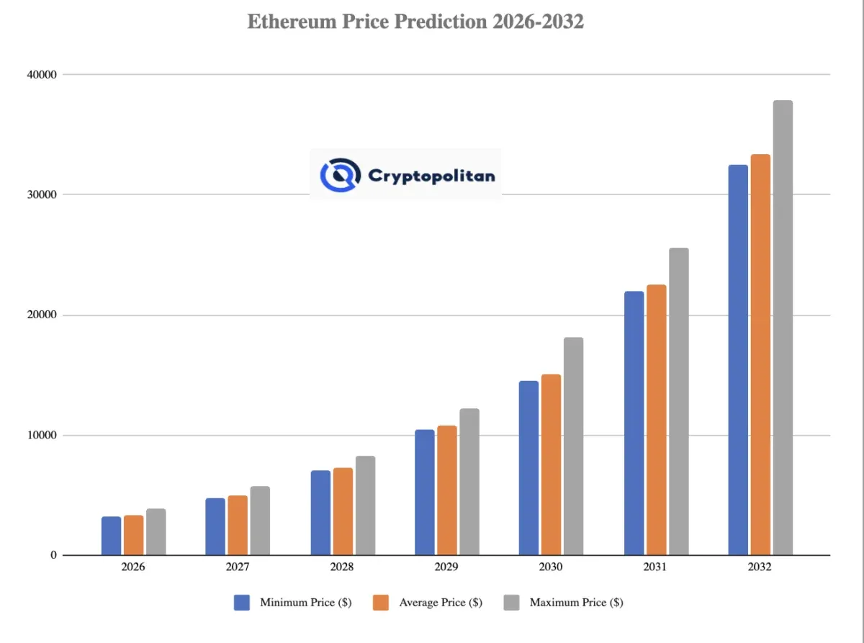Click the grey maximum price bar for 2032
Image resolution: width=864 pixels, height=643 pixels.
point(783,328)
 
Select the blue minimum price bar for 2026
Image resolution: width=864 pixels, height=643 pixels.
point(111,536)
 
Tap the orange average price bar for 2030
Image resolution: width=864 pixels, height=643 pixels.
point(551,464)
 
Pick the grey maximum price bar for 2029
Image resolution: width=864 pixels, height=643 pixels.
point(469,482)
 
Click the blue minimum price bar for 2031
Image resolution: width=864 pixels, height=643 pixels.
point(634,423)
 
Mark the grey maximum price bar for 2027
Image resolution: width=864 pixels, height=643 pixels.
point(260,521)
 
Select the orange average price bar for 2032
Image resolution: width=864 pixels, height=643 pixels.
point(760,354)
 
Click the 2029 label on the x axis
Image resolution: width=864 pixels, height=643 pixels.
point(446,567)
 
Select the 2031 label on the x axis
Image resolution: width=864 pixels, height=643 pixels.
point(655,567)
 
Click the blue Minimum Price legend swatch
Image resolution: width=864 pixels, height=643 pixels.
point(242,603)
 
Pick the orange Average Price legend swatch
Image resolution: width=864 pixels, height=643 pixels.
point(381,603)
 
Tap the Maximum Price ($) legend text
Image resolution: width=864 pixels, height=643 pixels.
point(576,603)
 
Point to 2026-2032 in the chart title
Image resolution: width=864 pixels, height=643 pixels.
point(539,22)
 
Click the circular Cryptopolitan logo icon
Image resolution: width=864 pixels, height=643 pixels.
point(339,174)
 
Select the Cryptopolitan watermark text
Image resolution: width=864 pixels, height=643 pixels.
point(431,175)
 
